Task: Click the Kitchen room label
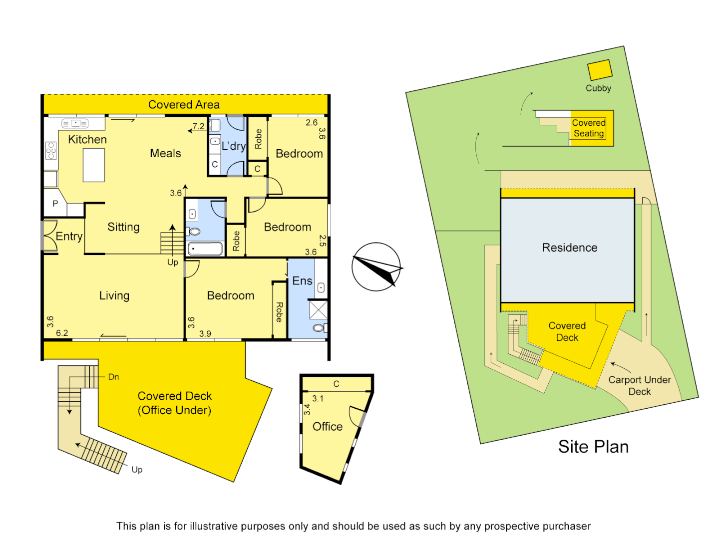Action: click(x=87, y=140)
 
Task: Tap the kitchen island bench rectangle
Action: click(x=94, y=165)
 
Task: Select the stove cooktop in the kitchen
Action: click(x=51, y=151)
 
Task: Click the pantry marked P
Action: click(x=55, y=204)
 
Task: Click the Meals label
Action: click(x=165, y=154)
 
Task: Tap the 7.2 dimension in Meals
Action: click(x=198, y=126)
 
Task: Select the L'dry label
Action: click(x=233, y=146)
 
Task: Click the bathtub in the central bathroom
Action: click(x=205, y=249)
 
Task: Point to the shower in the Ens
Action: click(x=318, y=309)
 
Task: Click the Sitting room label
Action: click(x=123, y=227)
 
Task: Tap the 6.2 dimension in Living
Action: click(x=62, y=333)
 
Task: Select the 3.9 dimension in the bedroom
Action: click(x=205, y=333)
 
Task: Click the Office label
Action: click(x=328, y=427)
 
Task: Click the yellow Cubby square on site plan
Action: click(x=600, y=70)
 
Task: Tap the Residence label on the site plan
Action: click(x=570, y=248)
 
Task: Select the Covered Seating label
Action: click(x=589, y=128)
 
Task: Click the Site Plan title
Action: click(x=593, y=447)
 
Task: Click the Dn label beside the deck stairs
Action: click(x=113, y=377)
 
